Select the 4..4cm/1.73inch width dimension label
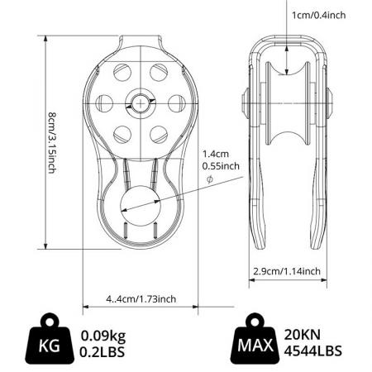tap(141, 298)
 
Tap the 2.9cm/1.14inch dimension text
tap(287, 271)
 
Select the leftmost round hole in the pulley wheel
tap(106, 103)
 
